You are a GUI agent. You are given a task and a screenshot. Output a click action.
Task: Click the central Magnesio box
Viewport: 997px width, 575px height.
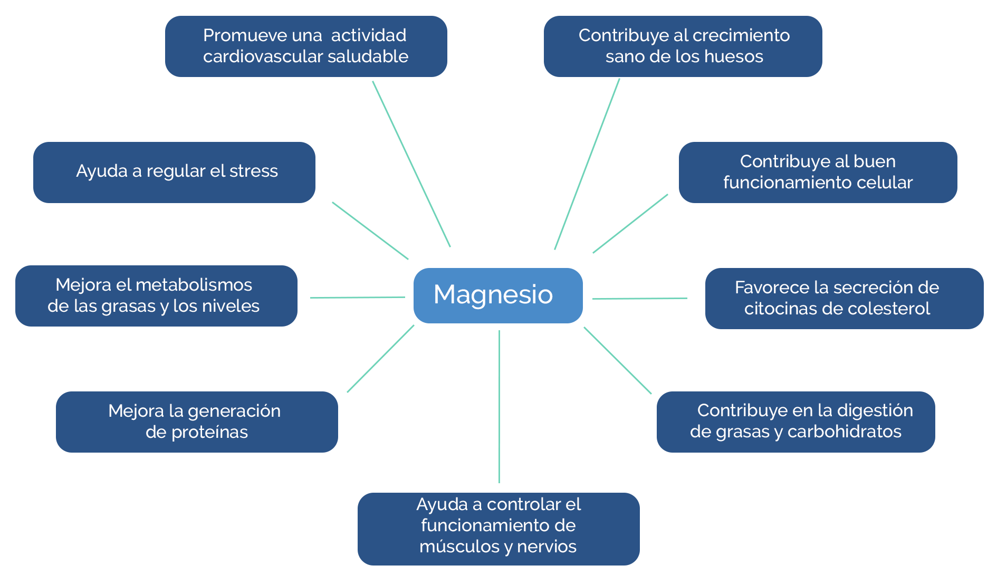[497, 295]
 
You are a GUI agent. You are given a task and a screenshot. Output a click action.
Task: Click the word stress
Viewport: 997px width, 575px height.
[253, 171]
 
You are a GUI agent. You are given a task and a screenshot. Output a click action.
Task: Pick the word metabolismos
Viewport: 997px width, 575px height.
[194, 285]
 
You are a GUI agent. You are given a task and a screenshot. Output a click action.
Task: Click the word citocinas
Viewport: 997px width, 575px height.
[782, 309]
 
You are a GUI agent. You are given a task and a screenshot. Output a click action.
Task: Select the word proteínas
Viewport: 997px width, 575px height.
[209, 432]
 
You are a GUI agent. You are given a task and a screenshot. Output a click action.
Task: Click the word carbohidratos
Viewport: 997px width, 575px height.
[844, 432]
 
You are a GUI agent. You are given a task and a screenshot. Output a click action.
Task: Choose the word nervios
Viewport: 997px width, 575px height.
[547, 547]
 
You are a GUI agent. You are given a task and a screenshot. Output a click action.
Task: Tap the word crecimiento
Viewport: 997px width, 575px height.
[741, 35]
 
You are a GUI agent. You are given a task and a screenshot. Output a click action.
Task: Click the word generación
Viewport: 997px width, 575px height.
[234, 411]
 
